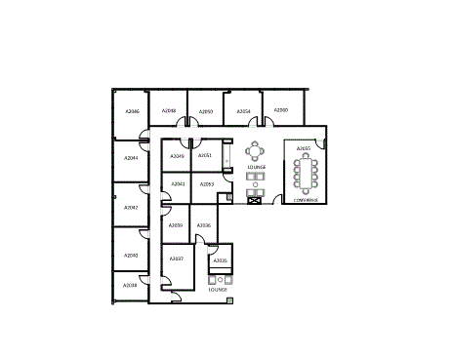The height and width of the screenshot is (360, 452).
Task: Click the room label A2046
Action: pyautogui.click(x=133, y=111)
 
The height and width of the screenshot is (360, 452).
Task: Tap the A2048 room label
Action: pyautogui.click(x=168, y=111)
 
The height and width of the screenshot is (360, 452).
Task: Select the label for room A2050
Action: pyautogui.click(x=206, y=111)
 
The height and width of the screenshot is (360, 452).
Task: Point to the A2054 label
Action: pyautogui.click(x=244, y=111)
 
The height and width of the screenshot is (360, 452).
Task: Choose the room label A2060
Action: pyautogui.click(x=280, y=110)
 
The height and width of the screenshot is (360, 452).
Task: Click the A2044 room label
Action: pyautogui.click(x=131, y=157)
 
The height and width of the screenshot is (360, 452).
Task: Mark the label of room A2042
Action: pyautogui.click(x=131, y=207)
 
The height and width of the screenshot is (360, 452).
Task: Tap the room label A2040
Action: pyautogui.click(x=131, y=255)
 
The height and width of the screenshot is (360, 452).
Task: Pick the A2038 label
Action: pyautogui.click(x=131, y=285)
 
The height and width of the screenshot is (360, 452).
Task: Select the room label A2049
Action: pyautogui.click(x=177, y=156)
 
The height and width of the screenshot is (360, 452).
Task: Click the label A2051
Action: pyautogui.click(x=205, y=155)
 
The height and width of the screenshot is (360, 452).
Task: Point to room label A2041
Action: pyautogui.click(x=178, y=183)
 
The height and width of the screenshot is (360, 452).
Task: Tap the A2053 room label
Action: pyautogui.click(x=206, y=183)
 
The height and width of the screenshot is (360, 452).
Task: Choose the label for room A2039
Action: pyautogui.click(x=176, y=225)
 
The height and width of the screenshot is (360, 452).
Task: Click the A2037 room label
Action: pyautogui.click(x=177, y=259)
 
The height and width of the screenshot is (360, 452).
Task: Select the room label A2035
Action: pyautogui.click(x=221, y=260)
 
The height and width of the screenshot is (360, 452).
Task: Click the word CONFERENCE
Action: pyautogui.click(x=306, y=200)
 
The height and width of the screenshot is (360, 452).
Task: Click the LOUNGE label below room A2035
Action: pyautogui.click(x=218, y=289)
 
